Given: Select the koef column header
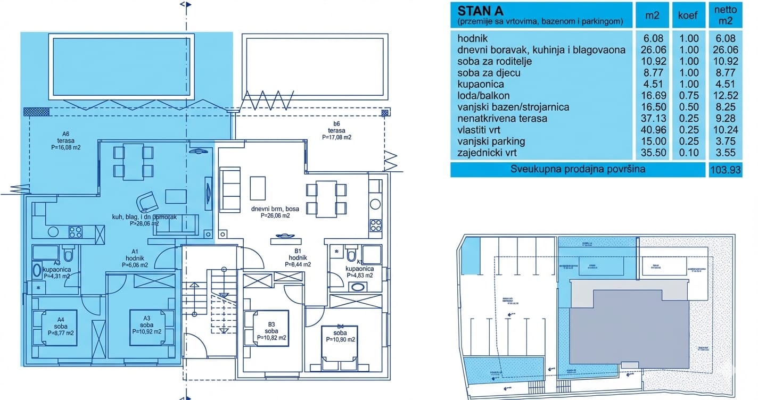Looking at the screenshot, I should pos(687,15).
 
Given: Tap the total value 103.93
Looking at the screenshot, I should pos(726,170).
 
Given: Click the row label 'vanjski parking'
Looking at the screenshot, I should pos(491,141).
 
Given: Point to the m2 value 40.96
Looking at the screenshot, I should pos(652,130).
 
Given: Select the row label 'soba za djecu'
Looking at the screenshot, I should pos(489,72).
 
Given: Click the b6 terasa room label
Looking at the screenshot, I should pos(336,130).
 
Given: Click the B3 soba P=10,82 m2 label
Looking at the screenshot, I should pos(271,331).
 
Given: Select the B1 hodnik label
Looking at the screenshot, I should pos(298,257).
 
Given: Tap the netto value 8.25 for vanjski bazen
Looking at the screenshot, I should pos(726,107).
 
